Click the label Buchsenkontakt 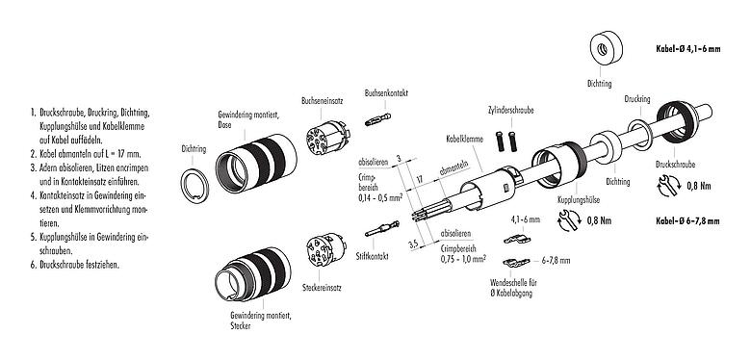pyautogui.click(x=387, y=93)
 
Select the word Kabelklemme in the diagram pyautogui.click(x=464, y=139)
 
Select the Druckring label pyautogui.click(x=636, y=98)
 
